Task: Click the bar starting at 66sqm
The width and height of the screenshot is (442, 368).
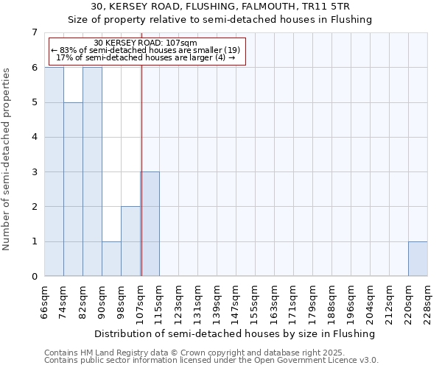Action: pyautogui.click(x=54, y=171)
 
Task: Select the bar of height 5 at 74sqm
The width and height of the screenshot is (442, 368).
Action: pyautogui.click(x=73, y=189)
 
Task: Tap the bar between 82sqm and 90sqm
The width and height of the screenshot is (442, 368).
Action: pyautogui.click(x=92, y=171)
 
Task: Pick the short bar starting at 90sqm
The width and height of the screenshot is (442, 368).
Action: pyautogui.click(x=111, y=259)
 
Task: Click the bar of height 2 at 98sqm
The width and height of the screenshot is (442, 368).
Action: pyautogui.click(x=130, y=241)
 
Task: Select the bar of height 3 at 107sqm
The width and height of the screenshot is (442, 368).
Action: pyautogui.click(x=150, y=224)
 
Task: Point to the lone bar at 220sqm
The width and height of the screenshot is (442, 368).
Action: pyautogui.click(x=418, y=259)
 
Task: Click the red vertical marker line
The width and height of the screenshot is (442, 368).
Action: pyautogui.click(x=141, y=147)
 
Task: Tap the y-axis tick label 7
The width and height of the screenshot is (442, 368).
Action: pyautogui.click(x=34, y=32)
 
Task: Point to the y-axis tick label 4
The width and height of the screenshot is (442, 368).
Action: pyautogui.click(x=34, y=137)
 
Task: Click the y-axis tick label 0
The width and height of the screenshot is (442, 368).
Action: pyautogui.click(x=34, y=277)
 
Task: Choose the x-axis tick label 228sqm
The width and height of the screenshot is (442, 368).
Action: pyautogui.click(x=428, y=302)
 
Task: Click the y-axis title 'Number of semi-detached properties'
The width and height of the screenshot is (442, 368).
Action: pyautogui.click(x=7, y=158)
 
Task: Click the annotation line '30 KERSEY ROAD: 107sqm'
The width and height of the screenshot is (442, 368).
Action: pyautogui.click(x=145, y=43)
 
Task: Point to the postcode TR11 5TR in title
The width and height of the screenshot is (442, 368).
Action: pyautogui.click(x=329, y=7)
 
